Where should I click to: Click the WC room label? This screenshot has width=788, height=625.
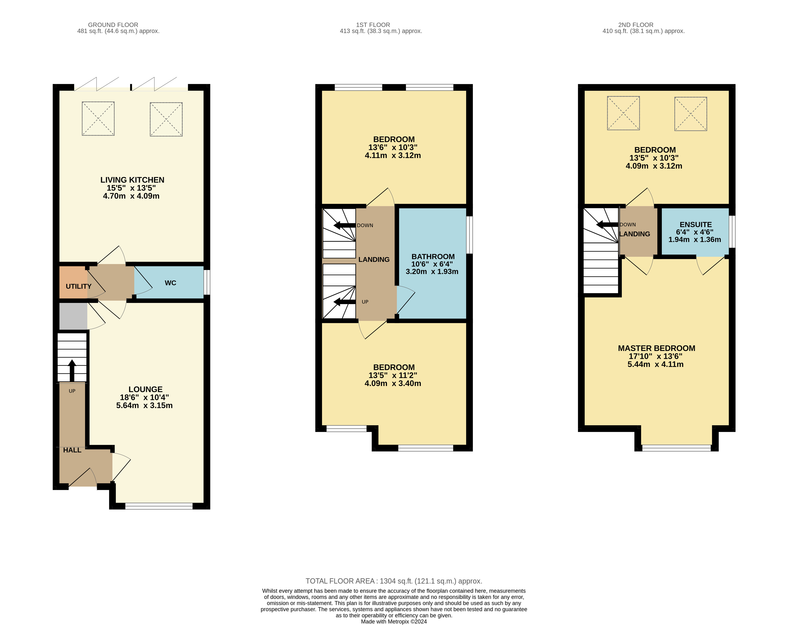(170, 283)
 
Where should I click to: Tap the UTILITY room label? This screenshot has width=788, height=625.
(79, 286)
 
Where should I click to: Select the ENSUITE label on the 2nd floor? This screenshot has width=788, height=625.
(695, 224)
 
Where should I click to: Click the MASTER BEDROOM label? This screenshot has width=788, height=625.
(656, 348)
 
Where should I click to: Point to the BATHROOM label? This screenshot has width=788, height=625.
(433, 257)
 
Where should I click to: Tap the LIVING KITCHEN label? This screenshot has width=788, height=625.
(132, 180)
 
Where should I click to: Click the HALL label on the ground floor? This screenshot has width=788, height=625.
(72, 450)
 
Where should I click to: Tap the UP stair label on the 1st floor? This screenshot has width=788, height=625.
(365, 302)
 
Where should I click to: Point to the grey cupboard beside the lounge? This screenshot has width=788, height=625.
(73, 316)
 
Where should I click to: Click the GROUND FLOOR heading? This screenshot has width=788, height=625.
(113, 25)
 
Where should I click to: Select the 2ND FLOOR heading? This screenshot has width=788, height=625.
(636, 25)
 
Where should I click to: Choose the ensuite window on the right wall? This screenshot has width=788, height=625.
(732, 232)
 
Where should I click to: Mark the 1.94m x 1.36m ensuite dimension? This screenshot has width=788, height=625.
(695, 240)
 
